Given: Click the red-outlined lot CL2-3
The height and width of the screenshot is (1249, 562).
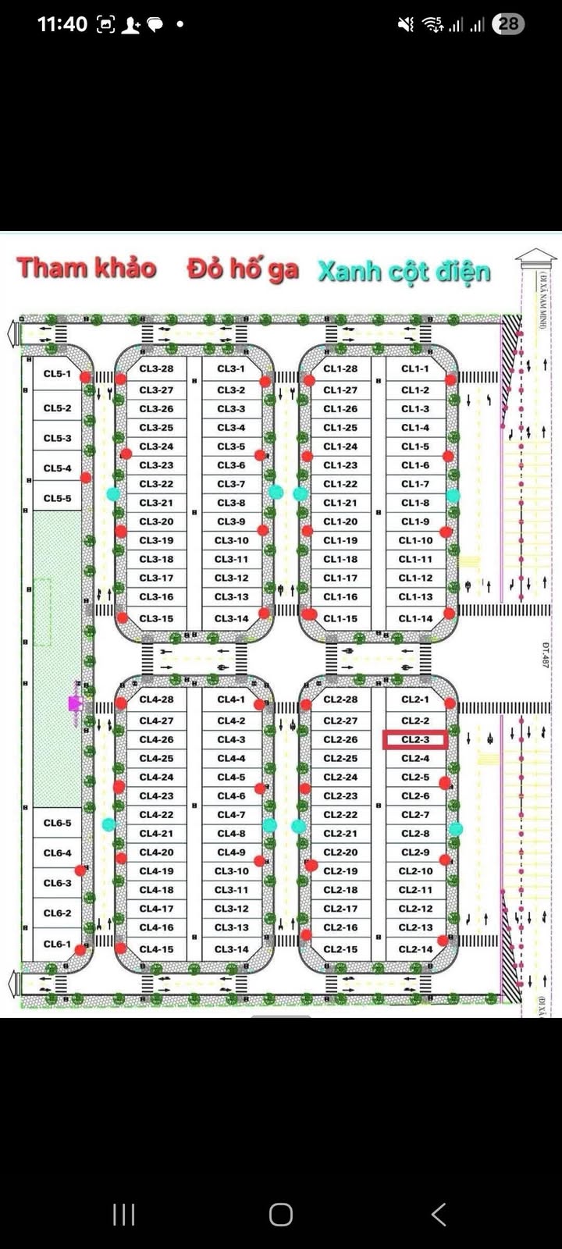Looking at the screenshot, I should click(x=415, y=739).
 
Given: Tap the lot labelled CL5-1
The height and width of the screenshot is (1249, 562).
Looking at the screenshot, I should click(x=57, y=374).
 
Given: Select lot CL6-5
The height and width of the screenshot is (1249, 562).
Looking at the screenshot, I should click(x=57, y=823).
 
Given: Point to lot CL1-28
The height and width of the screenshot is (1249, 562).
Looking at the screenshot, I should click(x=340, y=368).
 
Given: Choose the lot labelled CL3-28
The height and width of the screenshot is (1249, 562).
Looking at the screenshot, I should click(x=156, y=368).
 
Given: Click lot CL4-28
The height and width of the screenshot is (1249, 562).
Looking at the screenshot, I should click(x=156, y=699).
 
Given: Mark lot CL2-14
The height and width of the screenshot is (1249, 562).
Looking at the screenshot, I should click(x=415, y=949).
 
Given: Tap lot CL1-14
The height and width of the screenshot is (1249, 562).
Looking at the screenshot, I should click(x=415, y=618).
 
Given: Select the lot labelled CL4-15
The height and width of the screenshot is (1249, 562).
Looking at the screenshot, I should click(x=156, y=949).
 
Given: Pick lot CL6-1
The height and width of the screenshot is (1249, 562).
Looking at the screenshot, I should click(x=57, y=944).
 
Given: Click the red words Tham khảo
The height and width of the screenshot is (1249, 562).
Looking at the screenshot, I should click(x=87, y=268).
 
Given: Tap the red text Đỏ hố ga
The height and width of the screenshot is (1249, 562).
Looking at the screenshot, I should click(x=243, y=269).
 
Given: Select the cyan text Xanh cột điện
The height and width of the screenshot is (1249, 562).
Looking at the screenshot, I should click(x=404, y=272).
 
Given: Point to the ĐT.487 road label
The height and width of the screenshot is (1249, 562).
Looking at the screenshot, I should click(x=545, y=654).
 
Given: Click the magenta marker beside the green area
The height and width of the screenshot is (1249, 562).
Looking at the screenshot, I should click(x=75, y=704).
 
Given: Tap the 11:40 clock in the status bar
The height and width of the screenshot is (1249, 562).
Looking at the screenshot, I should click(x=62, y=24).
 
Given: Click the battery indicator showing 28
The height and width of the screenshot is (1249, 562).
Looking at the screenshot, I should click(x=508, y=24).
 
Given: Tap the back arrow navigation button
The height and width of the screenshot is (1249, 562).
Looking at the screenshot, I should click(x=439, y=1214).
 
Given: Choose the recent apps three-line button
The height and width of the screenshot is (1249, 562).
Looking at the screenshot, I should click(x=124, y=1214).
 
